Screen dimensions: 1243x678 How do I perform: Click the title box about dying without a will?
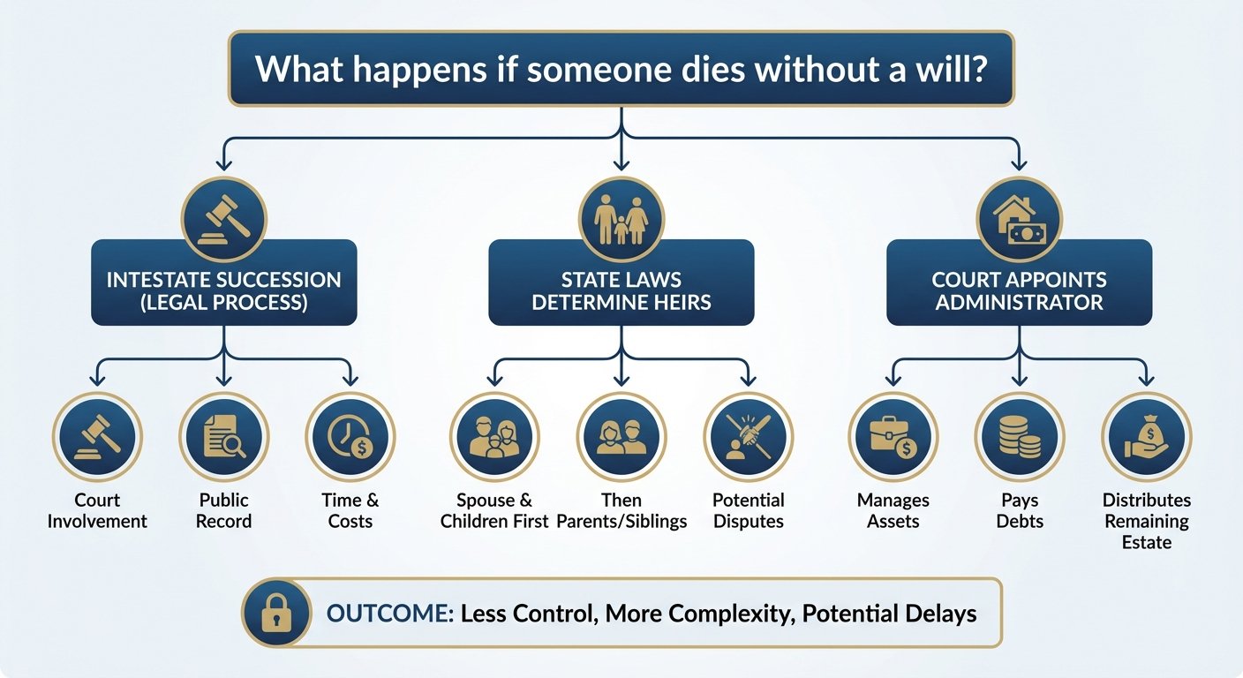tap(621, 69)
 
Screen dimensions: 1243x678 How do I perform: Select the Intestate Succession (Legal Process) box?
tap(223, 291)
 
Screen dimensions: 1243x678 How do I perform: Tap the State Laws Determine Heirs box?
tap(621, 291)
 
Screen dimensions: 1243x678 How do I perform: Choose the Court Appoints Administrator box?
tap(1019, 291)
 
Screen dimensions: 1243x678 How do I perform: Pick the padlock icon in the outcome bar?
tap(275, 614)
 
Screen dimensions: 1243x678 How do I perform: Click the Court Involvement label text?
tap(97, 511)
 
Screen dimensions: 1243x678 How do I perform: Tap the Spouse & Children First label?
tap(494, 511)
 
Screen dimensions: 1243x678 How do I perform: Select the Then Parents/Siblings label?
tap(621, 511)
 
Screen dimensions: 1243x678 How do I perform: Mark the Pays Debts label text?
tap(1020, 511)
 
